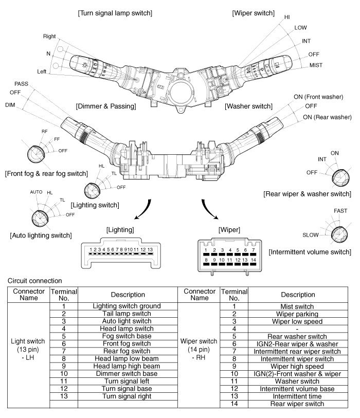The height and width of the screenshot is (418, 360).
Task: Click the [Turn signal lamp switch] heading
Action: [115, 13]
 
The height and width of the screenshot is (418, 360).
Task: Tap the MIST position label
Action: [316, 65]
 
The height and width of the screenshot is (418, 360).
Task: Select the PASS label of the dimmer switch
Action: [21, 84]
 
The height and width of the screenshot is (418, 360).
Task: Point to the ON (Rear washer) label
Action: [327, 117]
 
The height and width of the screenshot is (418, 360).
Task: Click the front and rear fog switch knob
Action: [36, 154]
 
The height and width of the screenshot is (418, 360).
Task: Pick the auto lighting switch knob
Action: [40, 219]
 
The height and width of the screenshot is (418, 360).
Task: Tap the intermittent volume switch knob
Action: [339, 234]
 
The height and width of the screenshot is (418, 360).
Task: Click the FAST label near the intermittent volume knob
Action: [340, 211]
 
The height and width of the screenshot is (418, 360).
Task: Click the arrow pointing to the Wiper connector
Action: [209, 210]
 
